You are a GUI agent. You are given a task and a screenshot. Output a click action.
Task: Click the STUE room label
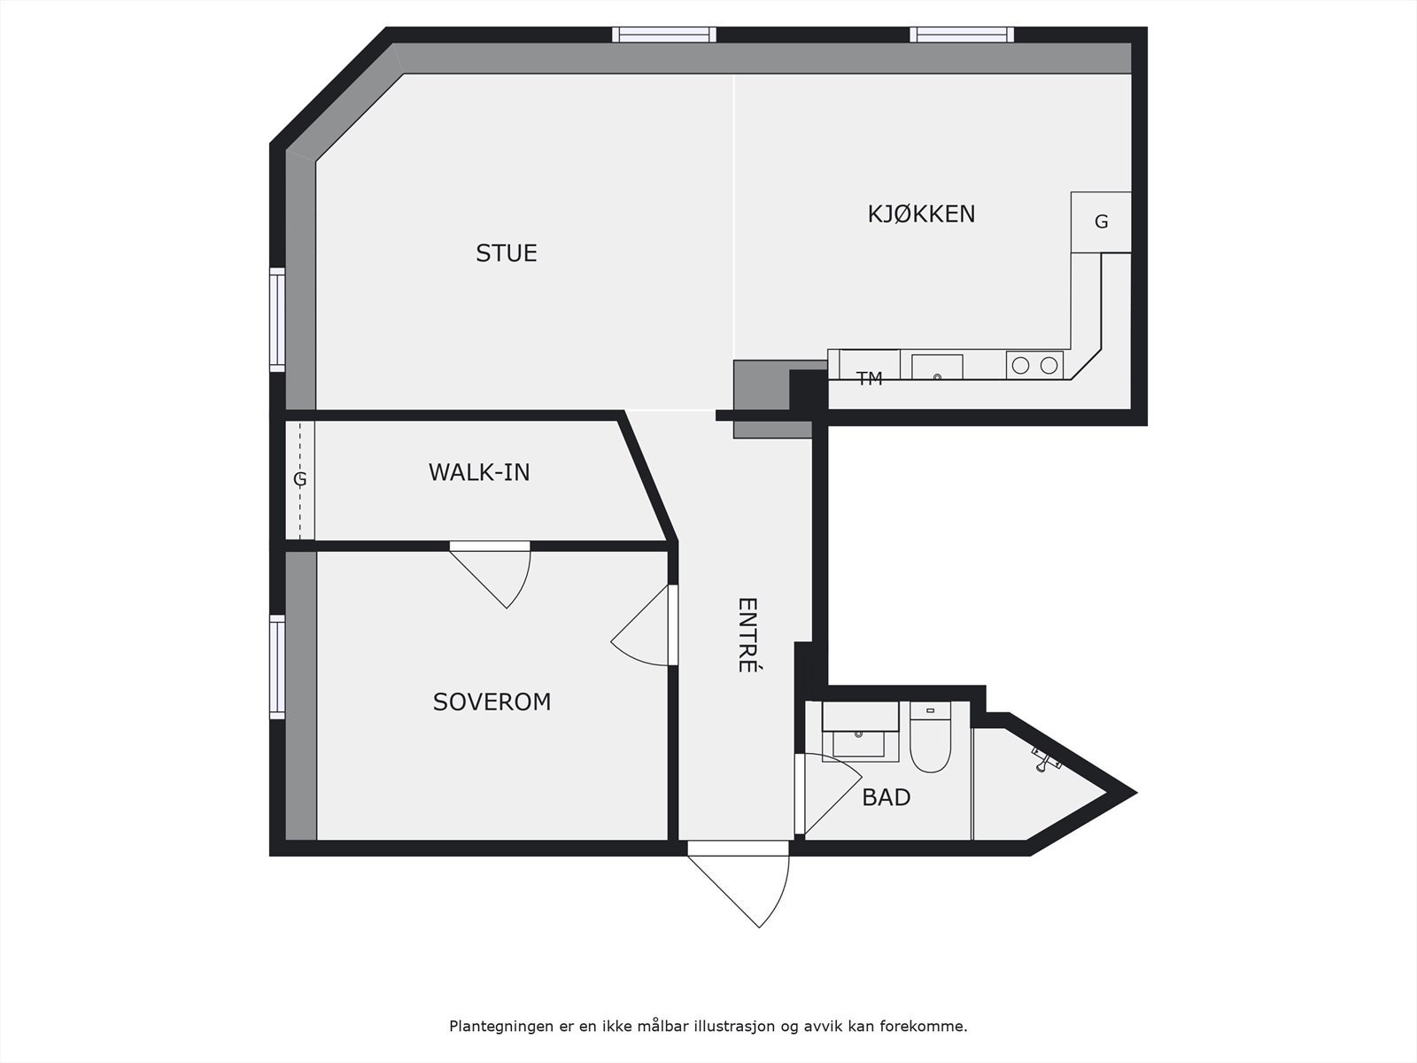pyautogui.click(x=506, y=253)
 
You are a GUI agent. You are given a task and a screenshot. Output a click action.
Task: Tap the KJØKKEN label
pyautogui.click(x=921, y=213)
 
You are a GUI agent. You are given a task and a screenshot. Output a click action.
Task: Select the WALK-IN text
pyautogui.click(x=479, y=472)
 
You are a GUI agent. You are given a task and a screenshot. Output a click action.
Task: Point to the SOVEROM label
pyautogui.click(x=492, y=702)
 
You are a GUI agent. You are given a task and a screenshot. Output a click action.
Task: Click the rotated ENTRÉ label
pyautogui.click(x=747, y=635)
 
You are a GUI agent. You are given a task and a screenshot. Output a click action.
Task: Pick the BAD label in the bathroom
pyautogui.click(x=887, y=798)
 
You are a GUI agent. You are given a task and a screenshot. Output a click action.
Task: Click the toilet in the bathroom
pyautogui.click(x=930, y=737)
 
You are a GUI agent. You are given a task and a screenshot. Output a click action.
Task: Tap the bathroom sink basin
pyautogui.click(x=858, y=743)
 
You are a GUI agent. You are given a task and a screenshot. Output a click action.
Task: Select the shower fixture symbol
pyautogui.click(x=1046, y=758)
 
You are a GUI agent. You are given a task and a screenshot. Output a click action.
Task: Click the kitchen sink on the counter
pyautogui.click(x=937, y=367)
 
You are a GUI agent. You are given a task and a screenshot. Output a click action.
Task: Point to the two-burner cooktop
pyautogui.click(x=1034, y=365)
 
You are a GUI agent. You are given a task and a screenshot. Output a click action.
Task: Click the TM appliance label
pyautogui.click(x=869, y=379)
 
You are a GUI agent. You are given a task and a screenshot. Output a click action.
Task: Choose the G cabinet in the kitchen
pyautogui.click(x=1101, y=222)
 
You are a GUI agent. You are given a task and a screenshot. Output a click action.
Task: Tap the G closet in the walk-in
pyautogui.click(x=300, y=479)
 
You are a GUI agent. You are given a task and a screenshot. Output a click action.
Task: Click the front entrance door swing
pyautogui.click(x=739, y=884)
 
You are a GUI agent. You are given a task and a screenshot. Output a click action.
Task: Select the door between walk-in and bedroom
pyautogui.click(x=491, y=574)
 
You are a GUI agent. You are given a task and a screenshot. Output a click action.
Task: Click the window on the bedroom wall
pyautogui.click(x=277, y=667)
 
